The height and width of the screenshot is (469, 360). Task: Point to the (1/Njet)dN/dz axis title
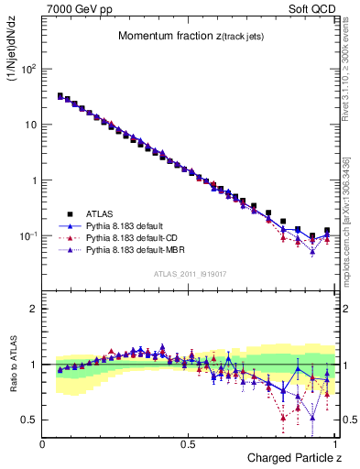(x=16, y=56)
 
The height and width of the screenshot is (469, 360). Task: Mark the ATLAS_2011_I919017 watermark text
(x=190, y=273)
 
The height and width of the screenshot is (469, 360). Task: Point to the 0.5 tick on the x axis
(x=189, y=443)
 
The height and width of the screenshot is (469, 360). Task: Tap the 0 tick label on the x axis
(x=43, y=443)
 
